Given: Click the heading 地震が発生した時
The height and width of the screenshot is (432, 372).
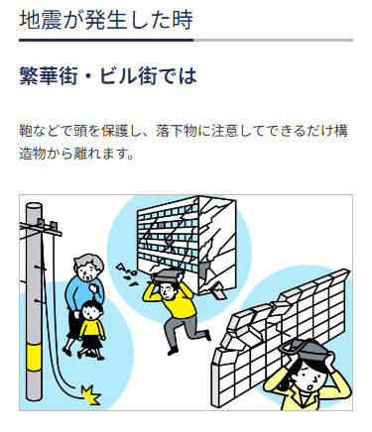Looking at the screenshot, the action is click(x=106, y=20).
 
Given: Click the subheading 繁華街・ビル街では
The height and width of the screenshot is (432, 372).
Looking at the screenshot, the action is click(x=108, y=76).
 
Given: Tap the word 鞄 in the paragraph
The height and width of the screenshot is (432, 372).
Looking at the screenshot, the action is click(x=26, y=131).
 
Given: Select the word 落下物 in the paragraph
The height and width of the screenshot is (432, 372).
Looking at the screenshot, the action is click(x=176, y=131).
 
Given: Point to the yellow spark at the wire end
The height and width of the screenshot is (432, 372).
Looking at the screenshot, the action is click(x=91, y=395).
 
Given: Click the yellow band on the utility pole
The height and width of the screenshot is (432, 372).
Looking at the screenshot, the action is click(x=34, y=357).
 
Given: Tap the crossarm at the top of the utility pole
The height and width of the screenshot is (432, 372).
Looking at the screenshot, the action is click(x=41, y=229).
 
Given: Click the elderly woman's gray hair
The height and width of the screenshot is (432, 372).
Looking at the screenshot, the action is click(x=88, y=263).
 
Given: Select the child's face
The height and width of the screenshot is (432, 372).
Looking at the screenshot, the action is click(x=90, y=313).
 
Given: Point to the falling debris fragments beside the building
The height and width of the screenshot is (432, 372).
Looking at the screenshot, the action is click(x=127, y=273).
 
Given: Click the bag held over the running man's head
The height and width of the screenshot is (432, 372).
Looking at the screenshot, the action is click(x=167, y=275).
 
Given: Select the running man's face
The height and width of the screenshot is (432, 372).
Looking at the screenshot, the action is click(x=167, y=289).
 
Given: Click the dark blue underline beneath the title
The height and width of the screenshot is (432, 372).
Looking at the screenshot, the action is click(x=106, y=41).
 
